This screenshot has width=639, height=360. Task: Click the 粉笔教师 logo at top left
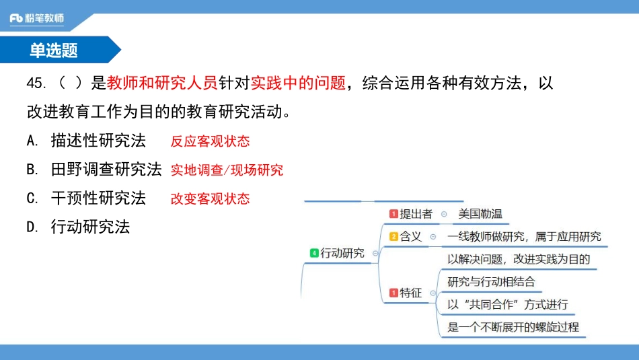click(x=37, y=18)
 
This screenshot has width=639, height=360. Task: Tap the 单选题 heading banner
click(x=54, y=50)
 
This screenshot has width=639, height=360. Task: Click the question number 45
click(x=36, y=83)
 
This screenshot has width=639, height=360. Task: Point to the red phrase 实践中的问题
click(x=299, y=83)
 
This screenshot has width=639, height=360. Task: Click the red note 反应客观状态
click(x=210, y=141)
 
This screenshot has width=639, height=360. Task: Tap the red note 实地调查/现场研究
click(x=227, y=170)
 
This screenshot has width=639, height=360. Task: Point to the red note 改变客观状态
click(x=210, y=199)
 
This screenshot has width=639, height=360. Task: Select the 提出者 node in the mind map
click(x=416, y=214)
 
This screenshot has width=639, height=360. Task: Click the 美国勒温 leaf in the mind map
click(x=480, y=214)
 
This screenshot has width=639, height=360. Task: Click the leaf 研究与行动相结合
click(x=491, y=281)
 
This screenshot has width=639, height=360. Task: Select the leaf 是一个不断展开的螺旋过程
click(x=513, y=328)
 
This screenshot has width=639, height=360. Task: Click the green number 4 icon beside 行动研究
click(x=313, y=253)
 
